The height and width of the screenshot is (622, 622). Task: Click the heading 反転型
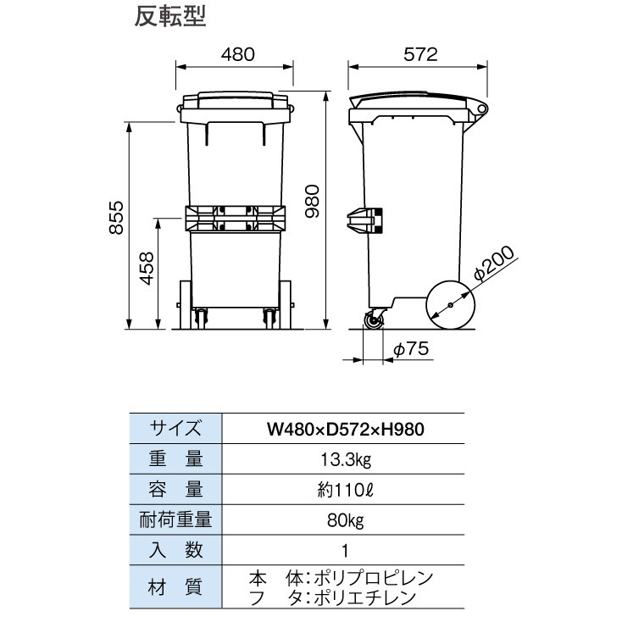click(x=170, y=17)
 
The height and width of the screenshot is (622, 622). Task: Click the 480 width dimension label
click(x=238, y=54)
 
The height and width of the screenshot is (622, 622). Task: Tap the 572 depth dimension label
click(x=420, y=54)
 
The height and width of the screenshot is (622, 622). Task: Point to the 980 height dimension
click(x=312, y=201)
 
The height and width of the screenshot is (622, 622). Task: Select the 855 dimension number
click(x=117, y=218)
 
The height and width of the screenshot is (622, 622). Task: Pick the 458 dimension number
click(x=147, y=269)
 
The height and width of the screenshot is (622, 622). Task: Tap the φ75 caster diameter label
click(x=411, y=349)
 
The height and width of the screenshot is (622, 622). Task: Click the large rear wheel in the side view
click(x=450, y=305)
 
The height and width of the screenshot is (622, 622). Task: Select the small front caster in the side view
click(x=374, y=320)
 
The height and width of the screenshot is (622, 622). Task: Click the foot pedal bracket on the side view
click(x=364, y=220)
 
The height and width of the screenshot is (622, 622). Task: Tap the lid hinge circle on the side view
click(x=481, y=108)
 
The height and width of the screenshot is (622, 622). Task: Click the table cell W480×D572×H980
click(x=346, y=429)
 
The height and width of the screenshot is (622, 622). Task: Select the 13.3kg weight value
click(x=346, y=460)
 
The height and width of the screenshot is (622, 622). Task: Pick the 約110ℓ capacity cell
click(x=346, y=491)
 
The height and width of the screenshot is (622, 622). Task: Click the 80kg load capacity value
click(x=346, y=520)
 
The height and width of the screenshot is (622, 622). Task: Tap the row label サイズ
click(x=175, y=429)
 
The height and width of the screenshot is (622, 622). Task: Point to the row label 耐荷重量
click(x=175, y=520)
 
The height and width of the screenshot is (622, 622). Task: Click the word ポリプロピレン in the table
click(x=373, y=579)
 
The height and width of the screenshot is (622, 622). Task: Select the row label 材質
click(x=175, y=587)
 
